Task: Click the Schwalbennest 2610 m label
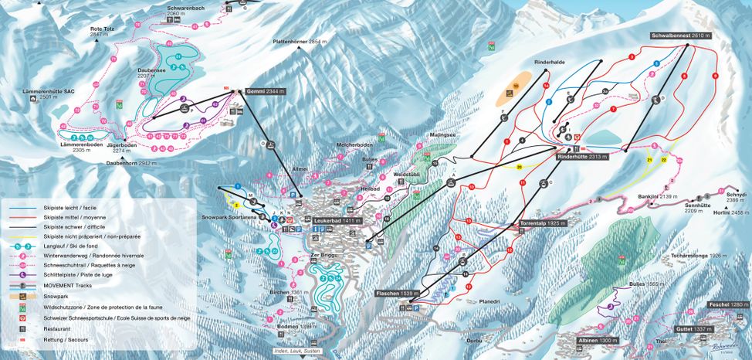pyautogui.click(x=679, y=36)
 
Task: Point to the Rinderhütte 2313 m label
pyautogui.click(x=583, y=155)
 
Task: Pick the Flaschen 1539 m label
pyautogui.click(x=396, y=294)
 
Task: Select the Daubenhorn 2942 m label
pyautogui.click(x=137, y=164)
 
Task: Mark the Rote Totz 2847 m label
pyautogui.click(x=102, y=32)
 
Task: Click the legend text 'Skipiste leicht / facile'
pyautogui.click(x=67, y=208)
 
